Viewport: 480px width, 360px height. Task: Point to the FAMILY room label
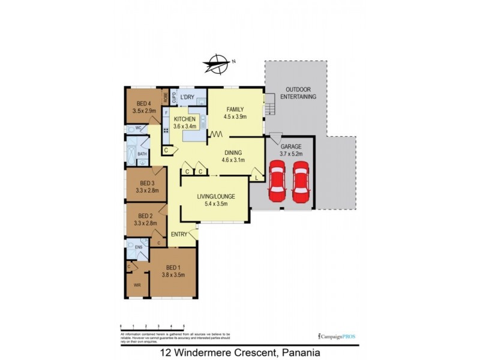(235, 109)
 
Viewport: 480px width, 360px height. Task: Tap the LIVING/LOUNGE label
(215, 196)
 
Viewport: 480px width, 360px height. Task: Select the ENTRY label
(179, 234)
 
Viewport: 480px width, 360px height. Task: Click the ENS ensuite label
(138, 247)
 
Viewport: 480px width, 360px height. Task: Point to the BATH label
(142, 154)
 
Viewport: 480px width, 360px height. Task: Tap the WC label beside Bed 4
(137, 128)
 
